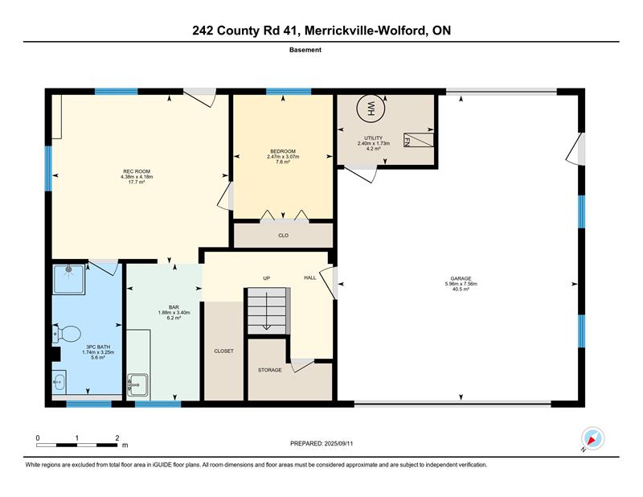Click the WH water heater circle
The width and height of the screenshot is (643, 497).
pyautogui.click(x=371, y=109)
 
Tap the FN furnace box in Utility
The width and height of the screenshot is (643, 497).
pyautogui.click(x=419, y=140)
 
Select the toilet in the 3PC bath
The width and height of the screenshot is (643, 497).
pyautogui.click(x=67, y=334)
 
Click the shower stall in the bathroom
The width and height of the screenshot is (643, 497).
pyautogui.click(x=69, y=280)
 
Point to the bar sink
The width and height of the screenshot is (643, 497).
pyautogui.click(x=137, y=384)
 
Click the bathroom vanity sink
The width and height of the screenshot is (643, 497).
pyautogui.click(x=59, y=382)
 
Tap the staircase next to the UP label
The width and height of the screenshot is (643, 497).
pyautogui.click(x=268, y=310)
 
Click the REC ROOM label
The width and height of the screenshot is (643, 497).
pyautogui.click(x=137, y=171)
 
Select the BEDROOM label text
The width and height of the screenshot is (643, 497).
pyautogui.click(x=283, y=151)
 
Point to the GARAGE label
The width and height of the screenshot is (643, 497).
pyautogui.click(x=461, y=278)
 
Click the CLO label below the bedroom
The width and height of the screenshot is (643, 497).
pyautogui.click(x=284, y=236)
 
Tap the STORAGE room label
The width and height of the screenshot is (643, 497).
pyautogui.click(x=270, y=370)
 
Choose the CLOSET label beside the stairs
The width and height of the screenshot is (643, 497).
pyautogui.click(x=224, y=351)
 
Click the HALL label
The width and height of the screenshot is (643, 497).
pyautogui.click(x=310, y=277)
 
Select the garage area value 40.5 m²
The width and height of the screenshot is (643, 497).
pyautogui.click(x=461, y=289)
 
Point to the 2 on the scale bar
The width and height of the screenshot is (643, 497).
pyautogui.click(x=117, y=438)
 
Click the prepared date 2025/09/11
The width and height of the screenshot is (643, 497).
pyautogui.click(x=338, y=444)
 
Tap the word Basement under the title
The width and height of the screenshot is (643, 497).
pyautogui.click(x=305, y=50)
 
